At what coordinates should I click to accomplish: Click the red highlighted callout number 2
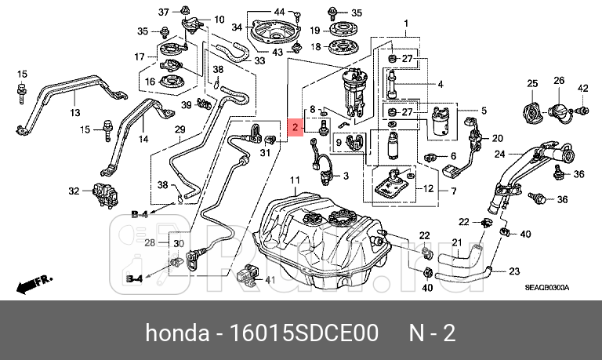tap(296, 127)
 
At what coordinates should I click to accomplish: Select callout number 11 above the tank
tap(295, 182)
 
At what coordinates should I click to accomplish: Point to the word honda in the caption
tap(176, 333)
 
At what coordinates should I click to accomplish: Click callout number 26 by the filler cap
tap(559, 81)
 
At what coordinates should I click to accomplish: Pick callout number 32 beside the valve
tap(74, 191)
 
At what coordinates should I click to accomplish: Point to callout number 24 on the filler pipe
tap(499, 155)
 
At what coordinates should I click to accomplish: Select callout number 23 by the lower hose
tap(514, 271)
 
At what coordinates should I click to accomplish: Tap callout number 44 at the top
tap(279, 12)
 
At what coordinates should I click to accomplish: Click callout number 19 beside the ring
tap(314, 31)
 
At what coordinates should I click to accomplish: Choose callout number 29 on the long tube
tap(179, 129)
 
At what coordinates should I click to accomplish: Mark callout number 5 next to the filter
tap(484, 111)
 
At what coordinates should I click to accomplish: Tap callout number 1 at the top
tap(406, 24)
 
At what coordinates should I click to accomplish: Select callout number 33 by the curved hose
tap(259, 60)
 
